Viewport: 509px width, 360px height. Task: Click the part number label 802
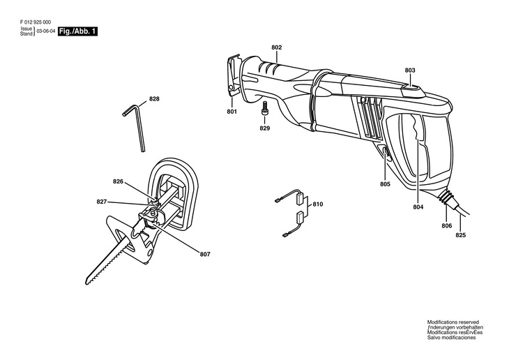pyautogui.click(x=277, y=47)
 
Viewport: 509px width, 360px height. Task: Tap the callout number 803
pyautogui.click(x=409, y=70)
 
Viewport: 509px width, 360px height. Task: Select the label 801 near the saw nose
pyautogui.click(x=232, y=112)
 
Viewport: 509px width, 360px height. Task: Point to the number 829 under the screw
pyautogui.click(x=265, y=128)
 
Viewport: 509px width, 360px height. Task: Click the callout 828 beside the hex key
pyautogui.click(x=154, y=99)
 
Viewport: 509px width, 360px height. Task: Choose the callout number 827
pyautogui.click(x=102, y=202)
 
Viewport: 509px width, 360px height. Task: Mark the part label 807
pyautogui.click(x=204, y=253)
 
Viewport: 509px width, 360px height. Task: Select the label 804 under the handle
pyautogui.click(x=418, y=207)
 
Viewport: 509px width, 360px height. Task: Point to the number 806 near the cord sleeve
pyautogui.click(x=446, y=226)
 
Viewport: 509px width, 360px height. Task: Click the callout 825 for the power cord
pyautogui.click(x=460, y=234)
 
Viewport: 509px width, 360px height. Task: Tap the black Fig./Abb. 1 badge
pyautogui.click(x=77, y=32)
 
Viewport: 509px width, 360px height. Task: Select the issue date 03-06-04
pyautogui.click(x=45, y=32)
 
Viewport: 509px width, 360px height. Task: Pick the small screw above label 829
pyautogui.click(x=265, y=112)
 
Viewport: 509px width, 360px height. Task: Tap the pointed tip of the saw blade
pyautogui.click(x=87, y=281)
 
